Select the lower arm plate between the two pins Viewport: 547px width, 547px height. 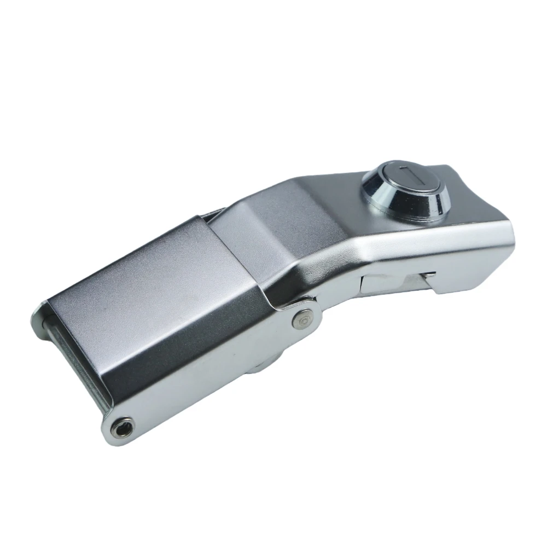(219, 383)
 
